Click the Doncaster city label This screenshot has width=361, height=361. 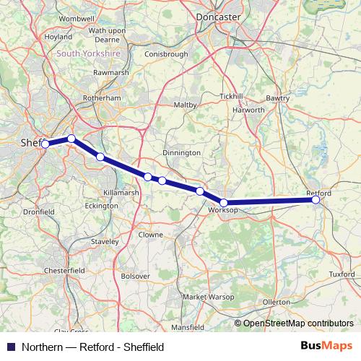[220, 15]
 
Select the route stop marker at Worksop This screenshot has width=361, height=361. [224, 203]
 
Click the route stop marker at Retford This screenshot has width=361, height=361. [316, 200]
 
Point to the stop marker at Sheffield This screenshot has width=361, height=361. [45, 144]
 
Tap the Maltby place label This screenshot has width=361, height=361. [186, 105]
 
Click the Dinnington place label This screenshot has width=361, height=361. [182, 153]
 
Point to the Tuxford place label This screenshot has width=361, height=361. [342, 274]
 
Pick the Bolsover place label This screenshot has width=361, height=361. [136, 276]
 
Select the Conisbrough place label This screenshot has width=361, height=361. [166, 53]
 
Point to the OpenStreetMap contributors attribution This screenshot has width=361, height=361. [298, 323]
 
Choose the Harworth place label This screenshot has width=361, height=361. [249, 110]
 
